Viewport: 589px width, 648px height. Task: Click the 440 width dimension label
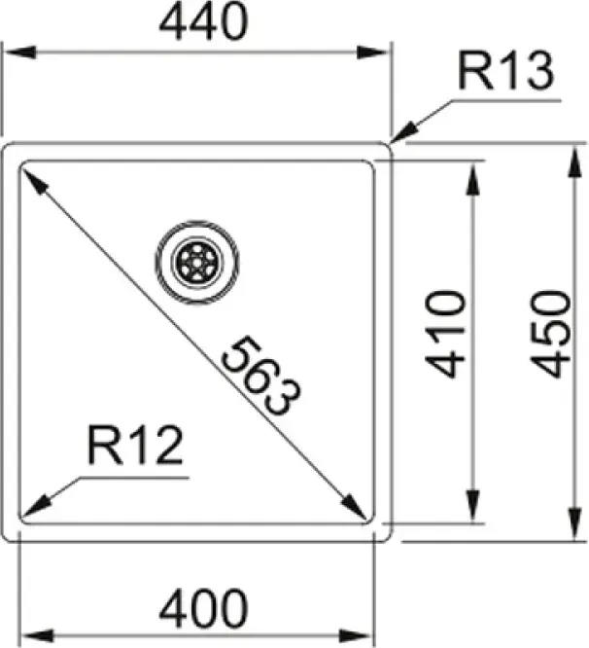tap(204, 21)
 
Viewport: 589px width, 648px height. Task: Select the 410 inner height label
tap(445, 335)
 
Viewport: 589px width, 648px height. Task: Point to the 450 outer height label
tap(551, 335)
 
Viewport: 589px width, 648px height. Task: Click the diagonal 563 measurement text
tap(260, 376)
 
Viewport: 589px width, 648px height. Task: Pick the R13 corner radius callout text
tap(506, 71)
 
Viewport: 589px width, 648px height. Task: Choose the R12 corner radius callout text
tap(135, 446)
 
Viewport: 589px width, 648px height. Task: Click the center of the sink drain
tap(197, 262)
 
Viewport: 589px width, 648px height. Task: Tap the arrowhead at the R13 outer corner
tap(404, 131)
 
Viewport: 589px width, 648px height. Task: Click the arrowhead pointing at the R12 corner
tap(36, 507)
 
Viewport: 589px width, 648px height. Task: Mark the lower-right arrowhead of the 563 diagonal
tap(354, 505)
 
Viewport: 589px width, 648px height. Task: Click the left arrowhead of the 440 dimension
tap(19, 53)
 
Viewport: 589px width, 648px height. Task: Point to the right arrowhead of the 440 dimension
tap(373, 53)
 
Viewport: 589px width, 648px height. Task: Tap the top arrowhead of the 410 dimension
tap(473, 177)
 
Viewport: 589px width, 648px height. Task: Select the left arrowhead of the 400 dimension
tap(37, 635)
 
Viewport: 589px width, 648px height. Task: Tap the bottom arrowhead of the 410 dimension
tap(473, 506)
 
